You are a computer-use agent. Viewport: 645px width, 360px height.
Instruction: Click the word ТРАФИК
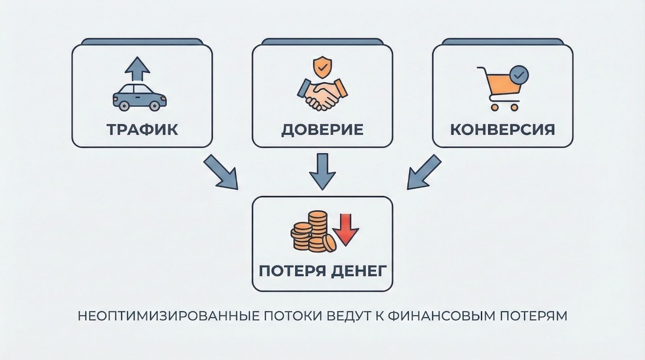click(142, 129)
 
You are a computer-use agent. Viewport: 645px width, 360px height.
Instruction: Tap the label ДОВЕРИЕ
click(322, 130)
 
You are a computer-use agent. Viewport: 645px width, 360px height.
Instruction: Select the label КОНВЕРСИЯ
click(503, 129)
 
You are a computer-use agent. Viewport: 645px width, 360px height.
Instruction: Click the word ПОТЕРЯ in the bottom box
click(292, 271)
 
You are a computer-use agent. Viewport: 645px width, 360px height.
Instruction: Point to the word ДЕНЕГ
click(359, 271)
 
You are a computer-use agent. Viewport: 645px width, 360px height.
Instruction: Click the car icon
click(139, 97)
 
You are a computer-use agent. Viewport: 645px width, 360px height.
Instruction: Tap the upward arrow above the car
click(137, 69)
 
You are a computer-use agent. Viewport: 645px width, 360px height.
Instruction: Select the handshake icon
click(322, 95)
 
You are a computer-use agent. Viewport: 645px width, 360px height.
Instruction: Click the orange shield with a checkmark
click(322, 67)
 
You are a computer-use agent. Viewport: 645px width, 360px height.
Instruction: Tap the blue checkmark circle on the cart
click(519, 75)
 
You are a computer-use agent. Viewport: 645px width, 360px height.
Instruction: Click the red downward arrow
click(346, 229)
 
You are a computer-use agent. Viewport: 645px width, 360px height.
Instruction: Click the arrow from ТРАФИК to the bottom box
click(221, 172)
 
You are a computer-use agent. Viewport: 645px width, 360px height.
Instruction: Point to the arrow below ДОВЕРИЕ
click(322, 171)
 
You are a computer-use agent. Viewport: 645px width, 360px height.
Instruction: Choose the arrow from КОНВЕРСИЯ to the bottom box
click(424, 172)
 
